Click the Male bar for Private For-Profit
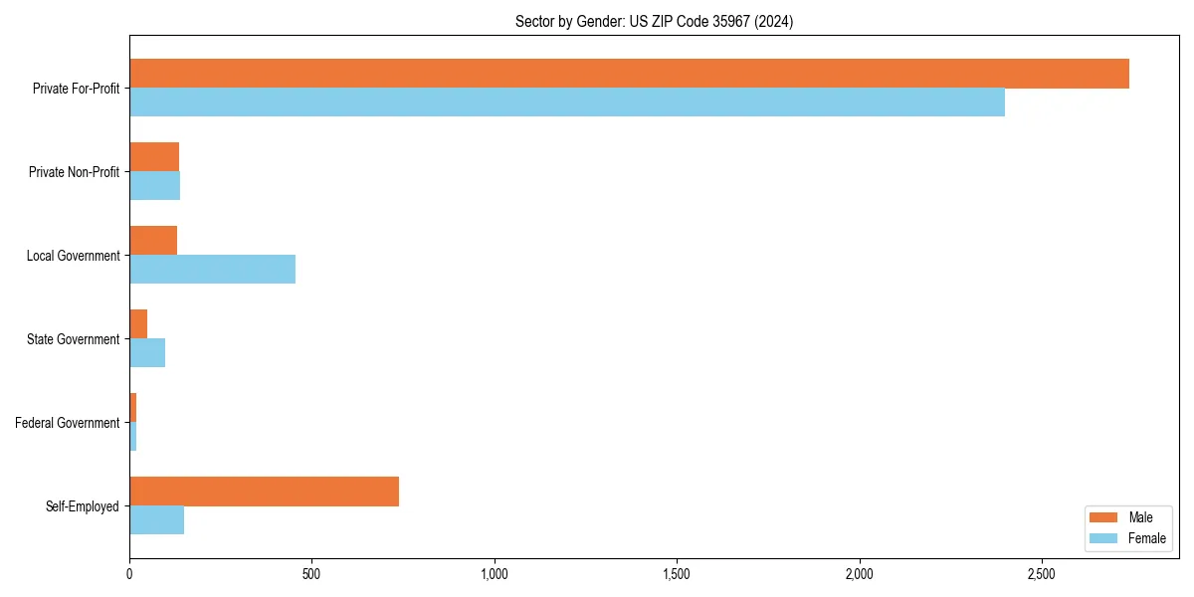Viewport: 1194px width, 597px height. pos(629,74)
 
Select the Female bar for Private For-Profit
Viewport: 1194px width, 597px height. pos(567,101)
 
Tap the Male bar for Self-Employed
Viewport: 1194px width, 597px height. pos(264,492)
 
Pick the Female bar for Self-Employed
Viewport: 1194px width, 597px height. pos(156,519)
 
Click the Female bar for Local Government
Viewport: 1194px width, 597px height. pos(212,269)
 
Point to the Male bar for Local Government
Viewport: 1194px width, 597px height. pos(153,241)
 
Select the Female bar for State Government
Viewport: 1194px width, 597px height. pos(147,352)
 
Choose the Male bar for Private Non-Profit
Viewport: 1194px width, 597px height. pos(154,157)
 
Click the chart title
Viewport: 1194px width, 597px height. pos(654,21)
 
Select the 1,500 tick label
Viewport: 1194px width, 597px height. pos(677,574)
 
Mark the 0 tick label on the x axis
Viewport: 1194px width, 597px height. pos(129,574)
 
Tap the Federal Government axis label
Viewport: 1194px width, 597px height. pos(68,423)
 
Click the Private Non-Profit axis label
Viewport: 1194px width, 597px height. pos(74,172)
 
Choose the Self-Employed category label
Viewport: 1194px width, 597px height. pos(83,506)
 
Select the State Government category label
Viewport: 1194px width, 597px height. pos(74,339)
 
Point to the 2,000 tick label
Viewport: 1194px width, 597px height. pos(860,574)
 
